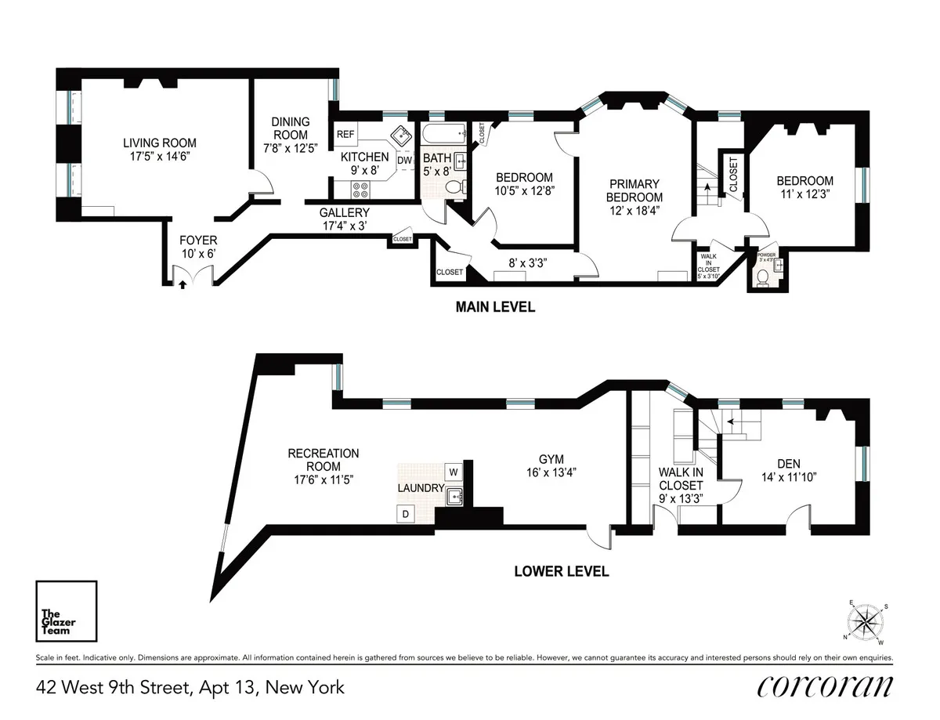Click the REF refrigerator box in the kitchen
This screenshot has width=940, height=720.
click(345, 135)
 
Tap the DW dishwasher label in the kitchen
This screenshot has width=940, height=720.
click(404, 161)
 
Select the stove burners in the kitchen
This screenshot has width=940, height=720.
click(361, 188)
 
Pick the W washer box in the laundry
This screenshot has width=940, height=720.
click(453, 472)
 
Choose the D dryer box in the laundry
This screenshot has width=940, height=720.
click(405, 514)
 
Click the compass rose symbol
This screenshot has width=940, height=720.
click(865, 622)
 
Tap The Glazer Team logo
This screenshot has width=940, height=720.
click(67, 611)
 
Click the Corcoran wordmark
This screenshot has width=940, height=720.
click(824, 687)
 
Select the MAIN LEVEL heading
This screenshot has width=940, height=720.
click(495, 307)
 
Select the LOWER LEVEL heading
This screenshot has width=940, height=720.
click(561, 571)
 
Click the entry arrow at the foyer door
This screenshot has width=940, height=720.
click(183, 285)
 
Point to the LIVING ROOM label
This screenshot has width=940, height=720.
click(159, 143)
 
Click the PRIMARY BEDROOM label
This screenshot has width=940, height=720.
click(635, 190)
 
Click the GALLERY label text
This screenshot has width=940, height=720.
click(344, 212)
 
